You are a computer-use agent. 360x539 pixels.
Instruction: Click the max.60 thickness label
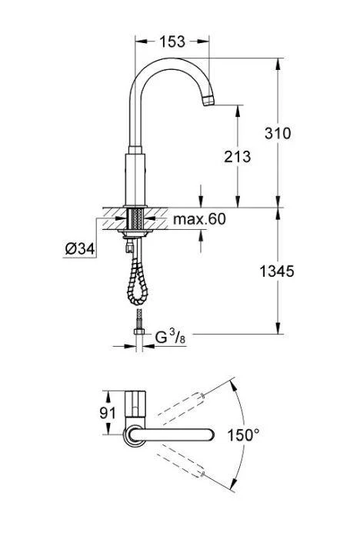coord(198,221)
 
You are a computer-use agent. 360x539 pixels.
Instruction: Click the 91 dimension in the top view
coord(108,412)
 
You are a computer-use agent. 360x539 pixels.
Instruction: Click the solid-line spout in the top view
coord(173,435)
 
